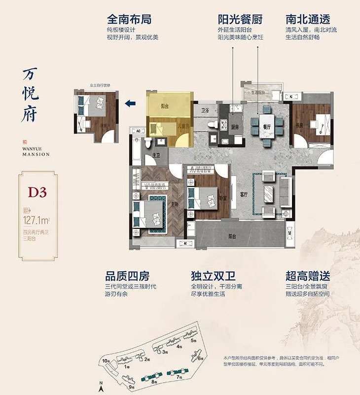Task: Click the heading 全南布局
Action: pos(129,20)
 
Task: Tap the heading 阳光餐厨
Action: pos(240,20)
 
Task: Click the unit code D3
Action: pos(37,192)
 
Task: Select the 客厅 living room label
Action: pos(243,194)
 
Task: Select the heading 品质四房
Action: pos(127,275)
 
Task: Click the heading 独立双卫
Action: pos(211,275)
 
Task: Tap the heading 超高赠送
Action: pos(306,275)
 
